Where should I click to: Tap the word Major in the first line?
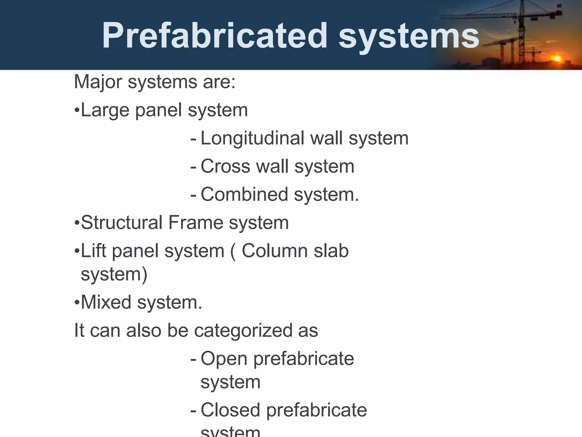coord(98,82)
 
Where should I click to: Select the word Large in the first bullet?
coord(105,110)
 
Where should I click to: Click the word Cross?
coord(226,166)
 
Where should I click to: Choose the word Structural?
coord(122,222)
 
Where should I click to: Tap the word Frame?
coord(196,222)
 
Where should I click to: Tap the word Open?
coord(224,359)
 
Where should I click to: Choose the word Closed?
coord(230,410)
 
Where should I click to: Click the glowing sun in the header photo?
coord(557,59)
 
